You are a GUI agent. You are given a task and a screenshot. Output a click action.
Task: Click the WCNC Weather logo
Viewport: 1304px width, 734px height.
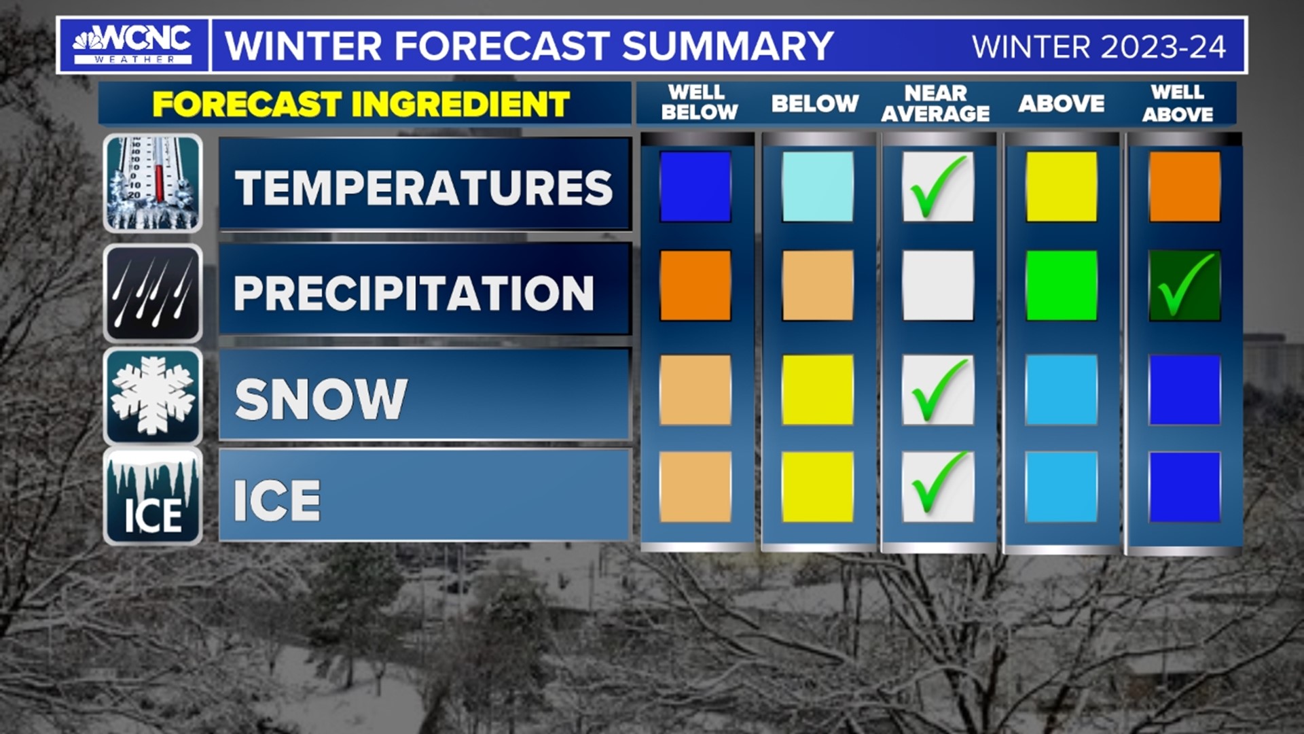tap(133, 46)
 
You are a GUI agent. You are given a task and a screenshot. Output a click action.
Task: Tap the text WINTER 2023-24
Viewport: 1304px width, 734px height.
tap(1098, 47)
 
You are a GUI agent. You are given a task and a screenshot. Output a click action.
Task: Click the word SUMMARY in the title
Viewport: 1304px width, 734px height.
tap(727, 46)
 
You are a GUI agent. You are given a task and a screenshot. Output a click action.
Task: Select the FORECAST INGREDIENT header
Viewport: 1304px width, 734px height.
tap(361, 104)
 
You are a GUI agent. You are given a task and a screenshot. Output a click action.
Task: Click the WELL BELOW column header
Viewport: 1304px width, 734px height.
tap(698, 103)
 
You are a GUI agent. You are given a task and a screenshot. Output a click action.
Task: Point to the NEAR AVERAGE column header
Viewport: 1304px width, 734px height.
tap(935, 103)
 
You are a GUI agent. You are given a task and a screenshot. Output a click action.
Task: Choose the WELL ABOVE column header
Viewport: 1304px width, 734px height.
tap(1177, 103)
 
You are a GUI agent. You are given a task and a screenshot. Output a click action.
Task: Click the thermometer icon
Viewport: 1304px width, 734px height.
tap(153, 183)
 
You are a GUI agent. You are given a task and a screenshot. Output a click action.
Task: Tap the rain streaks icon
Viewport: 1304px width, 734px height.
tap(153, 293)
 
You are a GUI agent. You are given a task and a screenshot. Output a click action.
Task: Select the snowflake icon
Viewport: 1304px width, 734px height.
tap(153, 396)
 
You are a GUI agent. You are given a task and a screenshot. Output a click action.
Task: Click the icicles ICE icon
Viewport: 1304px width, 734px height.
tap(153, 497)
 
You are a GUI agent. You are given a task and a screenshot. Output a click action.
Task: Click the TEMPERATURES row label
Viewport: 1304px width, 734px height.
tap(424, 187)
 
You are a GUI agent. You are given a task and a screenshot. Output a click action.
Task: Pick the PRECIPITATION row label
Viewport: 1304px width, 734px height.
tap(414, 293)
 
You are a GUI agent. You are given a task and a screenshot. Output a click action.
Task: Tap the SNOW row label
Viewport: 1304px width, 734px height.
tap(321, 398)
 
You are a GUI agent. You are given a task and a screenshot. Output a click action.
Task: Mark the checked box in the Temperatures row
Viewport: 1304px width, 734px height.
tap(938, 187)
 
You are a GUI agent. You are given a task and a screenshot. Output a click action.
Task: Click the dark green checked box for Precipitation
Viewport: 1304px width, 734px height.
tap(1184, 285)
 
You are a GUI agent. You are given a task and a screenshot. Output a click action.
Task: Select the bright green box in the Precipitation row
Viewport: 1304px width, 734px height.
tap(1061, 285)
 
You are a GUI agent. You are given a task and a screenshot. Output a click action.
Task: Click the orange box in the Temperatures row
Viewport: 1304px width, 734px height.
tap(1184, 187)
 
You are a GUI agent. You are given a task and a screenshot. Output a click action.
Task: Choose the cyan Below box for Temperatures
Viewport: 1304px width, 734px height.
tap(818, 187)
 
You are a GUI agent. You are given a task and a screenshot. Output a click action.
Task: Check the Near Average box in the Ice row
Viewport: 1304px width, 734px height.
tap(938, 487)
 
